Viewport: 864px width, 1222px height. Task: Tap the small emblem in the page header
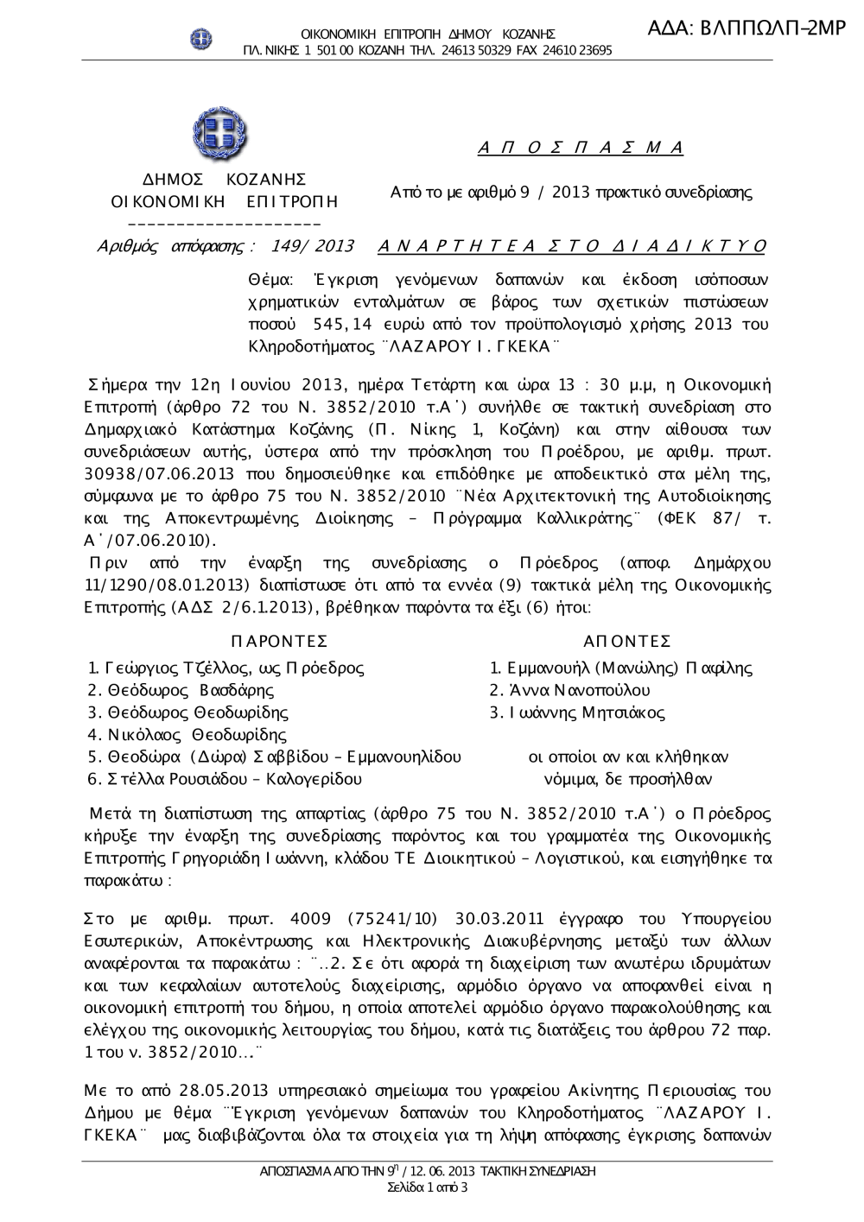point(201,38)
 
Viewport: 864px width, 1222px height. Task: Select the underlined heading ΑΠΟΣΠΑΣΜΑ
point(581,148)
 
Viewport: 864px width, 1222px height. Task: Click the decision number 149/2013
point(312,246)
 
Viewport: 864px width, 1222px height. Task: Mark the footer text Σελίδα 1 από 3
point(428,1187)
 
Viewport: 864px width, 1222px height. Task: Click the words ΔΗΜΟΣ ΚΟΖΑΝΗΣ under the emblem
point(224,180)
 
